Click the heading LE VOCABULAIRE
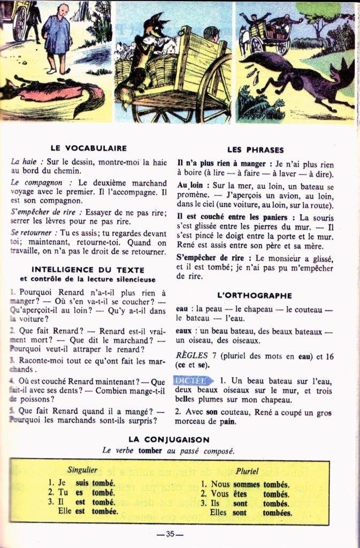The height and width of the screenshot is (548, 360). (88, 148)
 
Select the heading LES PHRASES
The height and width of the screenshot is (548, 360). (255, 150)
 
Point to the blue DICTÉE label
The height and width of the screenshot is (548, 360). (192, 380)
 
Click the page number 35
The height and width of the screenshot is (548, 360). (171, 534)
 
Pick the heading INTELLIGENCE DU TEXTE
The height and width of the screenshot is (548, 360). (88, 270)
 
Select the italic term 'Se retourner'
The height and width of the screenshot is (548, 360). (32, 233)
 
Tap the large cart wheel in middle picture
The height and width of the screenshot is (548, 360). (214, 88)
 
